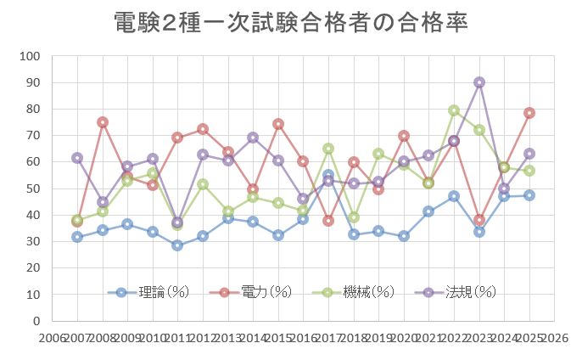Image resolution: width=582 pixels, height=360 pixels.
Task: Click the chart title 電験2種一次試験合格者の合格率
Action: point(291,23)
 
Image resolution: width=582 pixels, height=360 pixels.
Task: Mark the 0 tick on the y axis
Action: point(36,321)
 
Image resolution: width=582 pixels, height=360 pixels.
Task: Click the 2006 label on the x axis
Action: point(53,338)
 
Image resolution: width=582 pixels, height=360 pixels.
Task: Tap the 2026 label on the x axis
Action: point(554,338)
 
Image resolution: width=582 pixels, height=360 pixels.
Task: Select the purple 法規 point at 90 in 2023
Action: point(479,82)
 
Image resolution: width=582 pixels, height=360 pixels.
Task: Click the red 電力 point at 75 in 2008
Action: point(103,122)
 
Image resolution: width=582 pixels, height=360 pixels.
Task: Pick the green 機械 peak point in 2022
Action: point(454,110)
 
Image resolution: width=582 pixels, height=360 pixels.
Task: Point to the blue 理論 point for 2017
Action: point(328,175)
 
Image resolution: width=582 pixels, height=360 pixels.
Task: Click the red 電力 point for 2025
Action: point(529,113)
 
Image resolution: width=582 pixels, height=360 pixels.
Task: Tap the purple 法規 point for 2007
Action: point(77,158)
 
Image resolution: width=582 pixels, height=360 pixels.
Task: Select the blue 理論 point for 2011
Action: point(177,245)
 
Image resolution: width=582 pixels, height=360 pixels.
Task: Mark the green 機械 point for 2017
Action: point(328,149)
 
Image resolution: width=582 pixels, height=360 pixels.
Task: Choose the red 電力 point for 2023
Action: point(479,220)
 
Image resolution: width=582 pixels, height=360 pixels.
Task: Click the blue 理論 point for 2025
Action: point(529,195)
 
